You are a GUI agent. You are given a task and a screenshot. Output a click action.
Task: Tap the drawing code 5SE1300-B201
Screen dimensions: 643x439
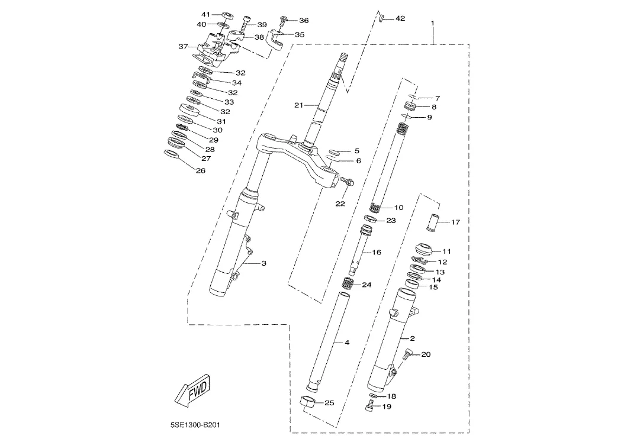point(195,425)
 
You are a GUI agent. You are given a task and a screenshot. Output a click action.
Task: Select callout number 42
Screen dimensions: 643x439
point(400,18)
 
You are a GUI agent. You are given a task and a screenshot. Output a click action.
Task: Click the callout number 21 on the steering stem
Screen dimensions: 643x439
point(298,105)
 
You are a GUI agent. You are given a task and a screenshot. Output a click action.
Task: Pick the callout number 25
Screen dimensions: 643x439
point(329,403)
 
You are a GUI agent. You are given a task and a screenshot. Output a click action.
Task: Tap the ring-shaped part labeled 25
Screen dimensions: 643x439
point(309,402)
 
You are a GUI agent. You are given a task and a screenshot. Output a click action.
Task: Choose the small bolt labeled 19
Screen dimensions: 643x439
point(369,406)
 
